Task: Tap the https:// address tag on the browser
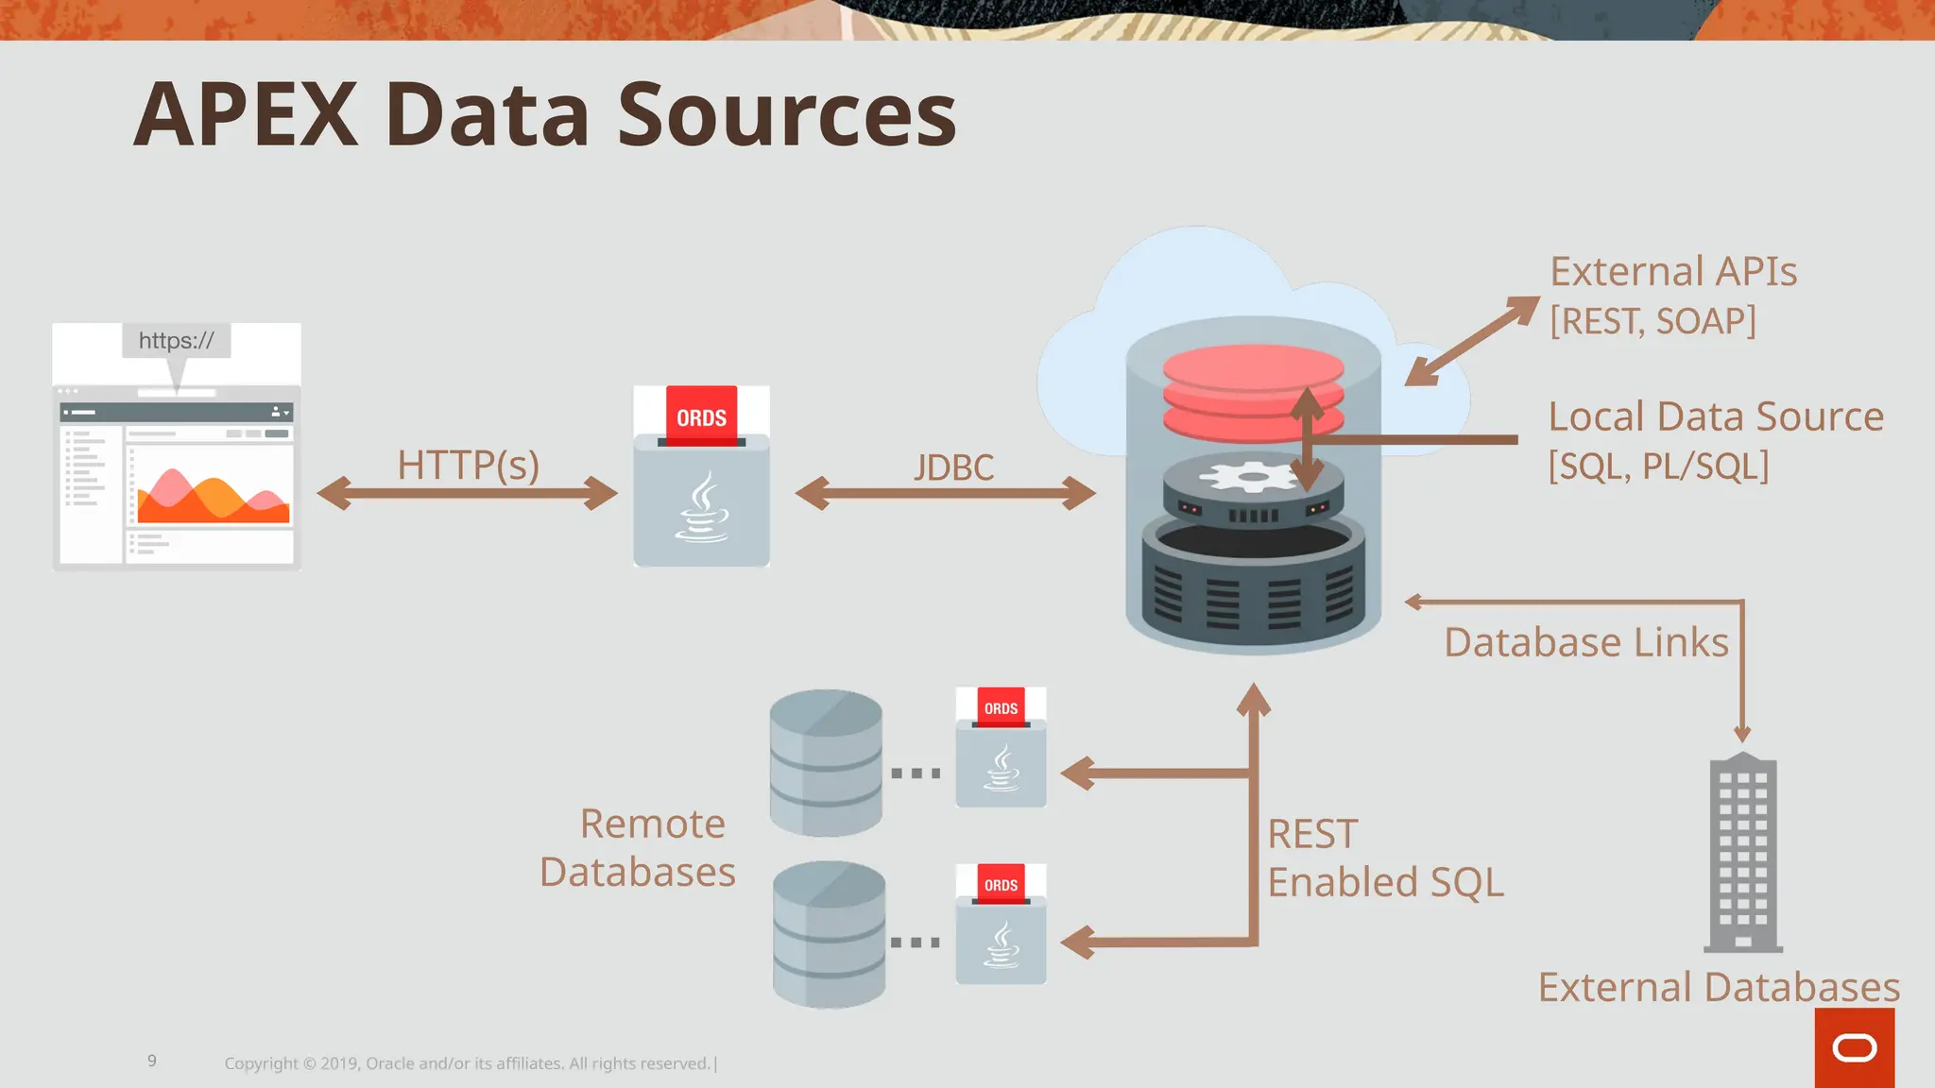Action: tap(177, 341)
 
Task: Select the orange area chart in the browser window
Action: tap(214, 497)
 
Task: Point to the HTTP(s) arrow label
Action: tap(468, 465)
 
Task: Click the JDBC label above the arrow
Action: tap(953, 467)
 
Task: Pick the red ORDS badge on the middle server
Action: tap(701, 416)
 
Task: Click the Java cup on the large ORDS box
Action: tap(701, 510)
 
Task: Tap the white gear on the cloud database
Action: tap(1253, 476)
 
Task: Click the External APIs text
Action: tap(1673, 272)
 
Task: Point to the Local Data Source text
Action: tap(1716, 416)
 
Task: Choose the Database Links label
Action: tap(1586, 642)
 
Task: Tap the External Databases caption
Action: tap(1719, 987)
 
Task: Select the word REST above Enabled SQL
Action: tap(1312, 834)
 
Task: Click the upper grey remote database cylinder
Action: tap(826, 763)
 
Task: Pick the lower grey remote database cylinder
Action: tap(829, 934)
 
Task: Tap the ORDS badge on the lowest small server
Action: tap(1001, 885)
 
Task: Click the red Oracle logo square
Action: tap(1854, 1047)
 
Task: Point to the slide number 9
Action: tap(152, 1061)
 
